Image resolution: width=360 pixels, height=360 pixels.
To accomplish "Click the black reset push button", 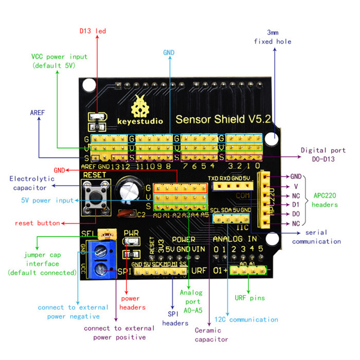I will click(x=95, y=196).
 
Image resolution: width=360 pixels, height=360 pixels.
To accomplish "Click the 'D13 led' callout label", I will click(x=93, y=31).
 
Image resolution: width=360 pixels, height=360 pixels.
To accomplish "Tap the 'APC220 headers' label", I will click(x=326, y=200).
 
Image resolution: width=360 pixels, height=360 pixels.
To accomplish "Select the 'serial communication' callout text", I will click(x=316, y=237).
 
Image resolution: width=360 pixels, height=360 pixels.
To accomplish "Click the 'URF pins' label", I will click(x=250, y=298).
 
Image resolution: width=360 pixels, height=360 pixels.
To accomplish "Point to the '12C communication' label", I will click(x=246, y=320).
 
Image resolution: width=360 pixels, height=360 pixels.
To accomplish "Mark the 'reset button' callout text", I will click(x=38, y=223).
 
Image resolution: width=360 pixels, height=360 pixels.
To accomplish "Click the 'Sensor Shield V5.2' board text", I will click(x=223, y=120).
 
